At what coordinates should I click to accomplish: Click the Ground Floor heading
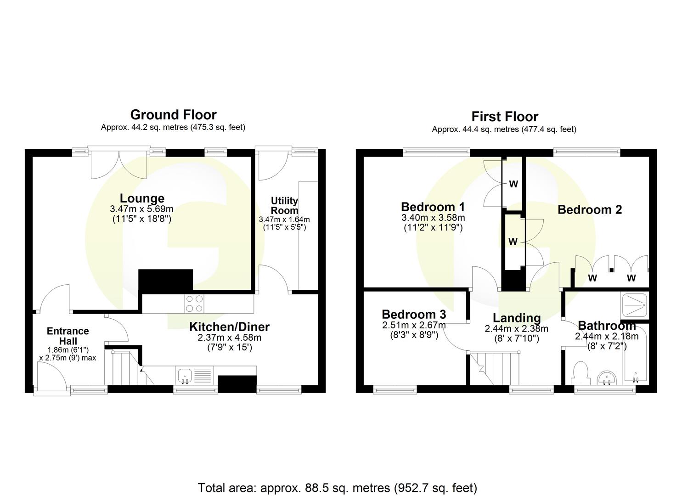tap(173, 114)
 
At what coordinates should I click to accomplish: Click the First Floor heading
tap(504, 117)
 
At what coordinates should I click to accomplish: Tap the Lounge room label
tap(142, 198)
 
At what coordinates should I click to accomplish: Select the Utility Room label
tap(284, 205)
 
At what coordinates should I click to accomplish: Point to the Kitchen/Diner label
tap(229, 327)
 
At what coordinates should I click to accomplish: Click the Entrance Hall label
tap(68, 336)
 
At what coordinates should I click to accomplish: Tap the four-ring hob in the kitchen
tap(194, 304)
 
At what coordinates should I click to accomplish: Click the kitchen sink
tap(186, 375)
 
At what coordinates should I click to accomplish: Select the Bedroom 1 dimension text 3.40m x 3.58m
tap(433, 217)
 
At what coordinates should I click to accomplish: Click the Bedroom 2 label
tap(589, 210)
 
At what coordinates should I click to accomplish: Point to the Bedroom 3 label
tap(414, 315)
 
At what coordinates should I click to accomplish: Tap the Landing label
tap(517, 318)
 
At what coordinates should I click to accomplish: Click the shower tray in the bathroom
tap(634, 305)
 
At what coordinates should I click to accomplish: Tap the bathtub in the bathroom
tap(636, 354)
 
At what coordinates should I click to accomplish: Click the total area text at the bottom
tap(338, 487)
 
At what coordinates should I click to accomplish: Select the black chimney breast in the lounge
tap(165, 281)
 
